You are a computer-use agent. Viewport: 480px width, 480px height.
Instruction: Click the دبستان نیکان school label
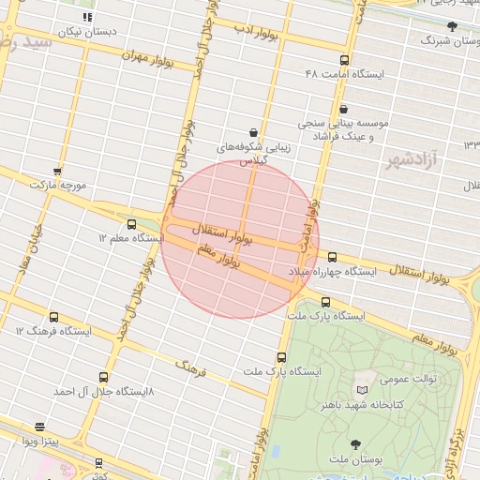[87, 32]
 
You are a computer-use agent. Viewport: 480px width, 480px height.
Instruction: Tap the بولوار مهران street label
[148, 57]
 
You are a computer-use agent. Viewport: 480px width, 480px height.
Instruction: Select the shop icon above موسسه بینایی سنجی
[343, 110]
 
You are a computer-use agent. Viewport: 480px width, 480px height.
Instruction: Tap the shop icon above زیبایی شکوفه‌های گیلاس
[253, 132]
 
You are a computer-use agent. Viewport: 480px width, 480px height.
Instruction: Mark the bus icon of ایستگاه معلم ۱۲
[131, 224]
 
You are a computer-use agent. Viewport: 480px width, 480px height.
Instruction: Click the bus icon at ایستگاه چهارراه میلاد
[332, 257]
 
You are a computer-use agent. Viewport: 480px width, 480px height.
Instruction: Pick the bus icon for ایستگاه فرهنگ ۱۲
[53, 318]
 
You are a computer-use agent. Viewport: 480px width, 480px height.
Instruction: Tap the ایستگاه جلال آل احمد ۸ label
[103, 390]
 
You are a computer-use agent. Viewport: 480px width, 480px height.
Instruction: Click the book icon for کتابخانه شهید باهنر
[363, 389]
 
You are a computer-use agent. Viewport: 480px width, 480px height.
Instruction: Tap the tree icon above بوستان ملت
[354, 444]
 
